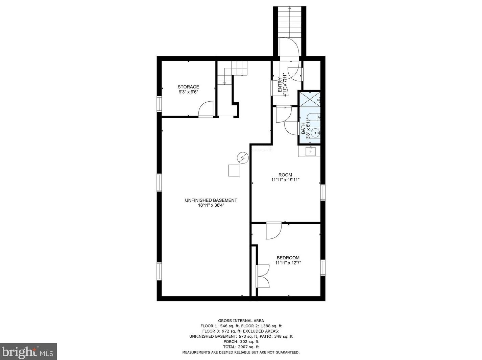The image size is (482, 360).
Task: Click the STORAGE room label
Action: coord(188,87)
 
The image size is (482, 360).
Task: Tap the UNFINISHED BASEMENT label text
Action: coord(211,200)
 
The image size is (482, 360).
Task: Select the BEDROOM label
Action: coord(288,258)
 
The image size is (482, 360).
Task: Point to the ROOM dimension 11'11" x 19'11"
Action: coord(285,180)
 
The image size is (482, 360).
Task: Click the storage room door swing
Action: coord(206,109)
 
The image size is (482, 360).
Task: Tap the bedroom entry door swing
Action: coord(273,231)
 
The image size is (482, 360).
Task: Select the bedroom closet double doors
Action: coord(263,276)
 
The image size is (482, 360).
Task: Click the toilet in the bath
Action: coord(315,117)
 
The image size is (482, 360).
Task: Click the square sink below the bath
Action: coord(311,152)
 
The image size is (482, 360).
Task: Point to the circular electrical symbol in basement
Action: coord(243,158)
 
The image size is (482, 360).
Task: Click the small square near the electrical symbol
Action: coord(234,171)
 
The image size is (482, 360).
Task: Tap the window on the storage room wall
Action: coord(159,104)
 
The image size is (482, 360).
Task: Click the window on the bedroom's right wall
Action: coord(323,267)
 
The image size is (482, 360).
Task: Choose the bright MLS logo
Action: coord(28,352)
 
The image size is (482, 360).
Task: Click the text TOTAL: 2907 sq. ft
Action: coord(241,347)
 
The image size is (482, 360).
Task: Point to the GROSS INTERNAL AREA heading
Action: coord(241,321)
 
